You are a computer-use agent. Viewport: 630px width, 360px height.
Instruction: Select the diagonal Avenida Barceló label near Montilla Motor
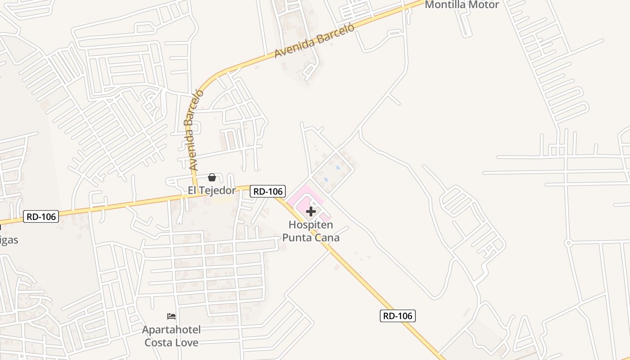tap(315, 40)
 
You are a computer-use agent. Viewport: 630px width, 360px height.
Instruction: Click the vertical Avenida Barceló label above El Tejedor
tap(194, 130)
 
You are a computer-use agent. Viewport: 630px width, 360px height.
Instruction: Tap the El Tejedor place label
tap(211, 190)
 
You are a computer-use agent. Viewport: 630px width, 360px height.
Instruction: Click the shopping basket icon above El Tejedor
tap(212, 177)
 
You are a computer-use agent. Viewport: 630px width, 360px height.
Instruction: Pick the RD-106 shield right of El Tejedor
tap(268, 191)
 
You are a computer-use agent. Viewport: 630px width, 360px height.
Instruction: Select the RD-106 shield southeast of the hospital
tap(397, 316)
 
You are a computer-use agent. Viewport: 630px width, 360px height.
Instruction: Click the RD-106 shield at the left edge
tap(41, 217)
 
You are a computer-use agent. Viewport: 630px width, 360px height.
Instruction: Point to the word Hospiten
tap(311, 225)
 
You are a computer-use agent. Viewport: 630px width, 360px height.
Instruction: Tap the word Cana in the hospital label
tap(328, 237)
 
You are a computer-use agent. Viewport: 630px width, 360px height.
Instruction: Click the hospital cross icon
tap(311, 211)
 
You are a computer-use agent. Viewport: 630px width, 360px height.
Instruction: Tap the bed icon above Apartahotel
tap(171, 316)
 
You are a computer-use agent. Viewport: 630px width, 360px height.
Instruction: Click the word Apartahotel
tap(171, 330)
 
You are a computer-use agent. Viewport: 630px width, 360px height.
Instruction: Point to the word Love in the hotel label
tap(186, 342)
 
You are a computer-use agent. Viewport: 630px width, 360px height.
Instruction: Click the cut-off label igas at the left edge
tap(9, 240)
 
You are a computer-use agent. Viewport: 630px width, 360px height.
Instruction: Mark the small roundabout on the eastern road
tap(568, 243)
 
